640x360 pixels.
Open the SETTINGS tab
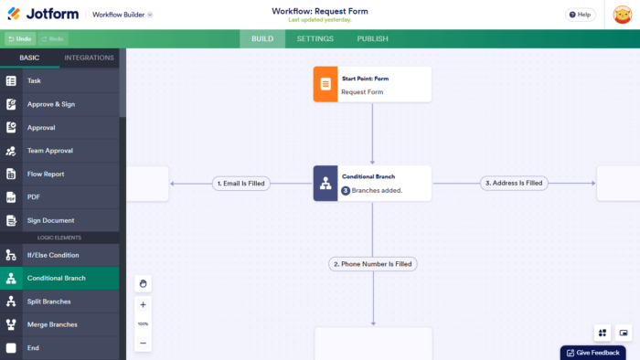[315, 38]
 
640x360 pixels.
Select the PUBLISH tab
[372, 38]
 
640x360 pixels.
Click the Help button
[580, 15]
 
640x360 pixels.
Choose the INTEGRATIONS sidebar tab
[90, 58]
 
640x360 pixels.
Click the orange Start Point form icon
[325, 84]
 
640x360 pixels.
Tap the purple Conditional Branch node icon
[325, 183]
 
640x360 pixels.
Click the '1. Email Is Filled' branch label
[241, 183]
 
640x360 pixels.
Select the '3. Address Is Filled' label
[514, 183]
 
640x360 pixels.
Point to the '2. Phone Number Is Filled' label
[372, 264]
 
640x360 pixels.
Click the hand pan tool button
[143, 283]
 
